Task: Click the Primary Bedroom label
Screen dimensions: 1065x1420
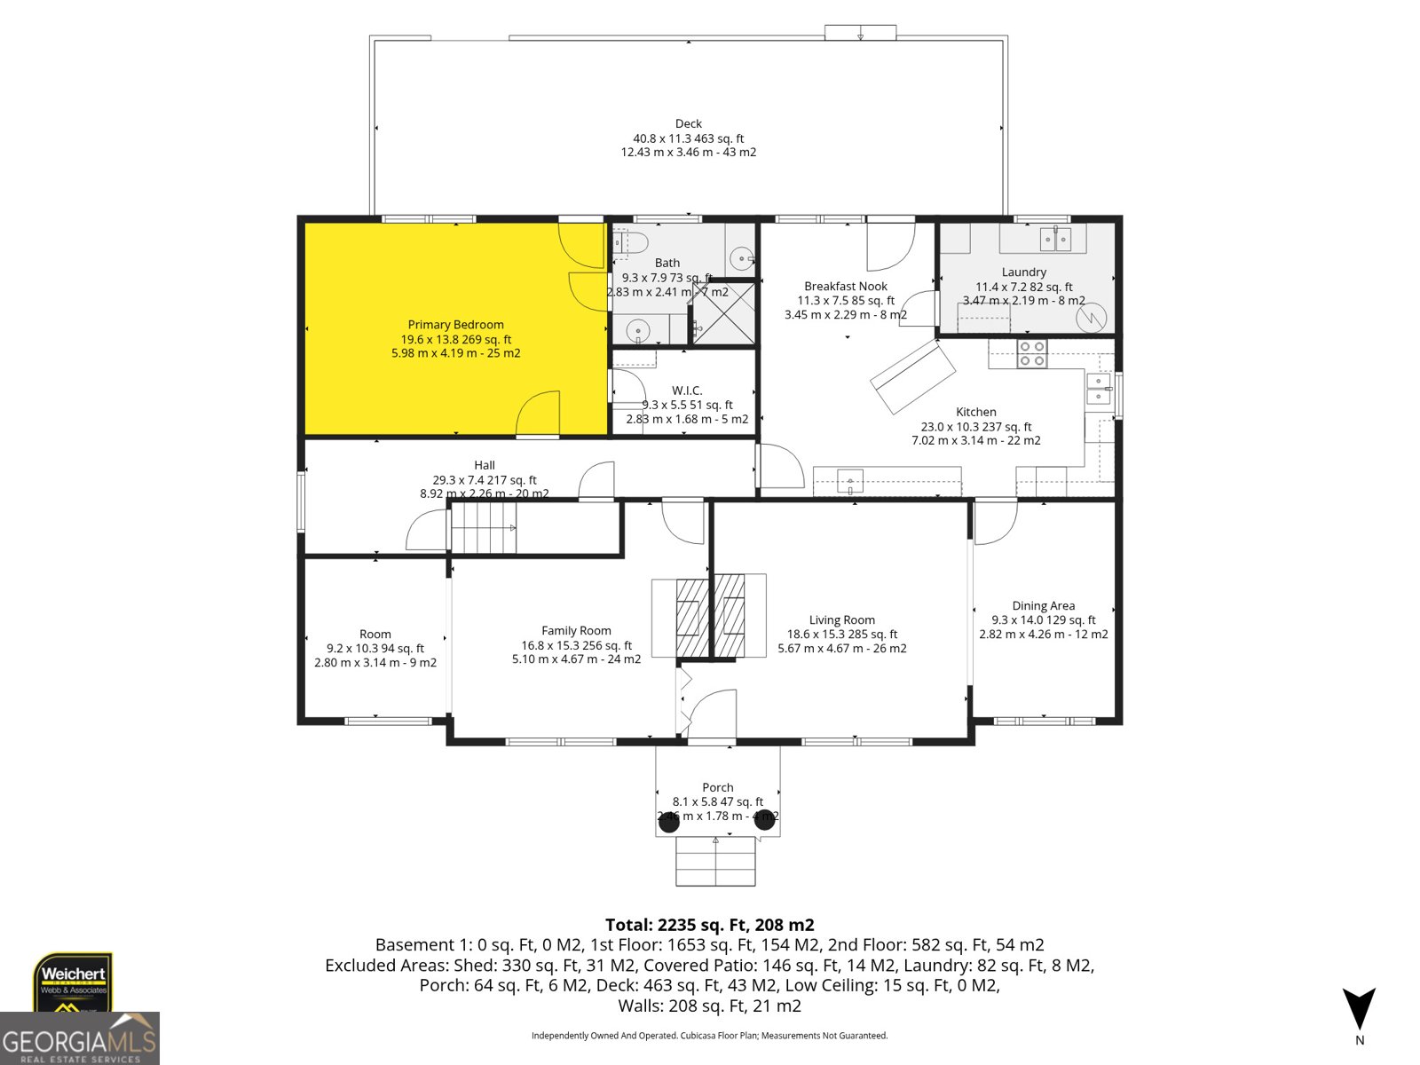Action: pyautogui.click(x=455, y=325)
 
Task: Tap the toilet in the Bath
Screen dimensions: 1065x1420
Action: pyautogui.click(x=632, y=241)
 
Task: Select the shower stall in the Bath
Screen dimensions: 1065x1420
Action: pyautogui.click(x=723, y=312)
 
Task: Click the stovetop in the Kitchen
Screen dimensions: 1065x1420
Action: pyautogui.click(x=1031, y=353)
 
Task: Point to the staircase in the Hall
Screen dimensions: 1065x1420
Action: pyautogui.click(x=484, y=528)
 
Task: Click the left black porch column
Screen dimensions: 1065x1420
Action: pyautogui.click(x=669, y=822)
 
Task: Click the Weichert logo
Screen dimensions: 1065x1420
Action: pyautogui.click(x=73, y=982)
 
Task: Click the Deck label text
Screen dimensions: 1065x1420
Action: pyautogui.click(x=688, y=124)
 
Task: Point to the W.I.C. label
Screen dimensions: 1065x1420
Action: pyautogui.click(x=687, y=390)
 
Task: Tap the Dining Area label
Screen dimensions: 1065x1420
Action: pyautogui.click(x=1043, y=606)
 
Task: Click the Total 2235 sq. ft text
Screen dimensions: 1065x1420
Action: pyautogui.click(x=709, y=925)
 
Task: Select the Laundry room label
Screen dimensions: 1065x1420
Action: pyautogui.click(x=1023, y=272)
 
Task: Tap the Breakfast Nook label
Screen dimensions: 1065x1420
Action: pyautogui.click(x=845, y=287)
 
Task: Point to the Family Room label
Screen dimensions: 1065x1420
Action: pyautogui.click(x=576, y=631)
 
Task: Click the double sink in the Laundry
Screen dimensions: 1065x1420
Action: pyautogui.click(x=1055, y=239)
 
